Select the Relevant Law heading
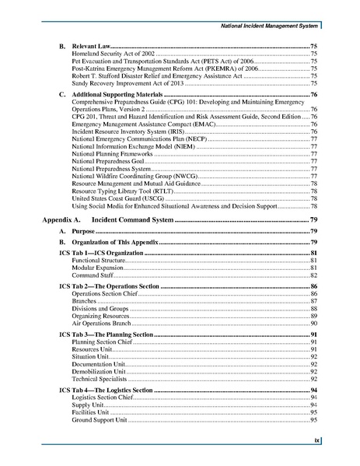point(90,48)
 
